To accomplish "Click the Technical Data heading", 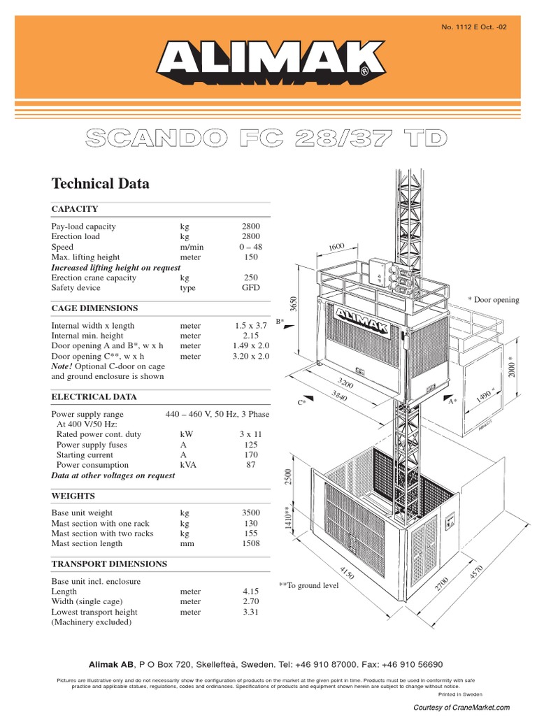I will click(100, 184).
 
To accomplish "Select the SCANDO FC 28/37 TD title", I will click(265, 138).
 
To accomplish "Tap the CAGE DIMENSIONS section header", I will click(94, 308).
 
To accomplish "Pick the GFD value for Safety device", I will click(250, 288).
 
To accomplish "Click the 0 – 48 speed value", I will click(250, 248).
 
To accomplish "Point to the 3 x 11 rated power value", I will click(250, 434).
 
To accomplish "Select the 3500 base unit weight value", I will click(250, 513).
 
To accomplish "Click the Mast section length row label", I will click(87, 543).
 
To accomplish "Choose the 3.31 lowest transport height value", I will click(250, 613).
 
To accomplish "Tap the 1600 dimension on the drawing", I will click(337, 247).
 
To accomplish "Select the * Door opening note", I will click(494, 300).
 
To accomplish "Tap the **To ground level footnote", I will click(308, 585).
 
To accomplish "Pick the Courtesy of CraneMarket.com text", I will click(461, 708).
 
